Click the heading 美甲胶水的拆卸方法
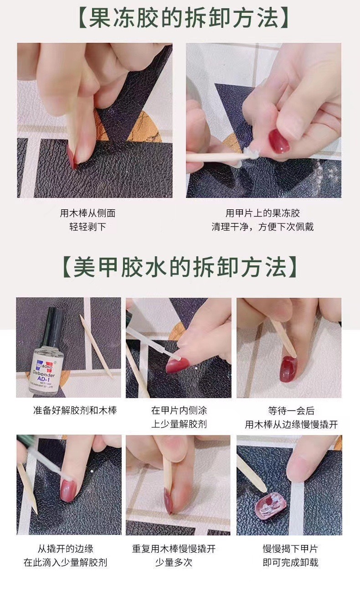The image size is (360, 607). pos(180,267)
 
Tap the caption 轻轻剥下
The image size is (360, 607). pos(87,227)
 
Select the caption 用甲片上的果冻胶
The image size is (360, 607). pos(263,213)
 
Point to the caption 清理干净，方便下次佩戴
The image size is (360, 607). pos(263,227)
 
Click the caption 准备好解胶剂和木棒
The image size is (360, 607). pos(75,410)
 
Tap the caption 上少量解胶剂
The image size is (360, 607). pos(179,424)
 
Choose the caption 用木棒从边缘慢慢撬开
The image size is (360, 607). pos(291,424)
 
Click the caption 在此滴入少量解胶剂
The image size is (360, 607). pos(65,563)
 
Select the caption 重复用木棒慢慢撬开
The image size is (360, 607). pos(174,549)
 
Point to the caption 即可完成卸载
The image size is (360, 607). pos(290,563)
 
